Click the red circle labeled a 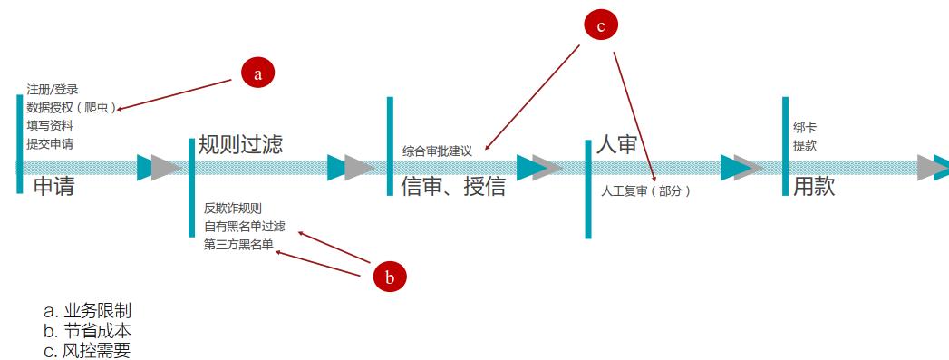click(x=257, y=73)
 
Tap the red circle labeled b click(x=390, y=277)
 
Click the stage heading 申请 click(x=53, y=187)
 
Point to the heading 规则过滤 click(x=240, y=143)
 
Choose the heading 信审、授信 click(x=453, y=187)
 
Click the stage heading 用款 click(x=813, y=187)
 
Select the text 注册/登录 click(x=53, y=89)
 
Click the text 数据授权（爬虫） click(x=72, y=107)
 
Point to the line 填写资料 click(x=50, y=125)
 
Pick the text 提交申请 click(x=50, y=143)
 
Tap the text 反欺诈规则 click(x=233, y=208)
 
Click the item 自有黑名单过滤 click(x=244, y=226)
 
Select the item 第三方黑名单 click(x=238, y=243)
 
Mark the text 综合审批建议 click(x=437, y=151)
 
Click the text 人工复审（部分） click(x=645, y=191)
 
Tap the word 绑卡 click(x=804, y=128)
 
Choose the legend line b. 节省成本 click(x=87, y=331)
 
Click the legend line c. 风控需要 click(x=87, y=350)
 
